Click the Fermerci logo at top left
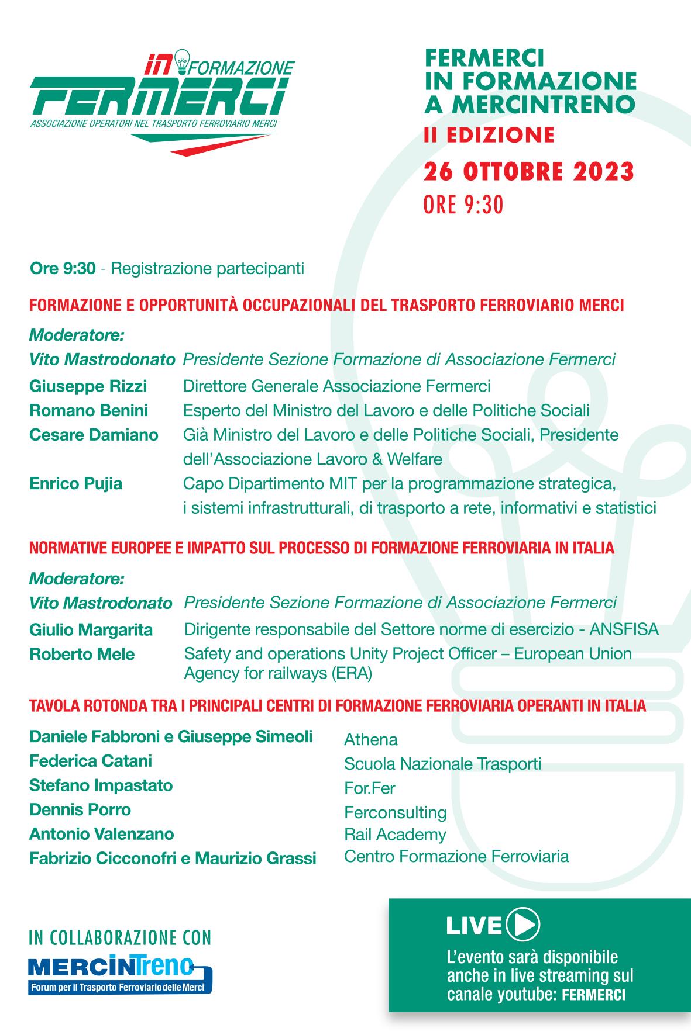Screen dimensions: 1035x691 tap(161, 102)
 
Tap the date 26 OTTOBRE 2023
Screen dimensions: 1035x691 tap(529, 172)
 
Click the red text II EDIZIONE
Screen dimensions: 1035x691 tap(489, 135)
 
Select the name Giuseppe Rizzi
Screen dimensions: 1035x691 tap(88, 386)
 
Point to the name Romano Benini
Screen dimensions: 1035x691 tap(88, 411)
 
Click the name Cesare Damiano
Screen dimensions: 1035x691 tap(94, 435)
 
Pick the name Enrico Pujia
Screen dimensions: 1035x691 tap(75, 484)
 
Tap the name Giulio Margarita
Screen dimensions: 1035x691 tap(91, 630)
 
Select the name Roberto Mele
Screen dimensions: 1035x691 tap(82, 654)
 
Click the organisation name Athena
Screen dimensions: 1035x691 tap(371, 740)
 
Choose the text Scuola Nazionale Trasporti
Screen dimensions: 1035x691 tap(442, 764)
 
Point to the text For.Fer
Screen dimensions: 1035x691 tap(370, 788)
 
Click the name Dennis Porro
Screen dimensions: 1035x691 tap(80, 809)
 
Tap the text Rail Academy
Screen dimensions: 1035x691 tap(395, 835)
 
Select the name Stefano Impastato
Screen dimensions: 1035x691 tap(101, 785)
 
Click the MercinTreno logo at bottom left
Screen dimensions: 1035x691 tap(120, 975)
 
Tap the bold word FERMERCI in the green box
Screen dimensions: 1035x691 tap(593, 995)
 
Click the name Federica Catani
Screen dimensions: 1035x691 tap(91, 761)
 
